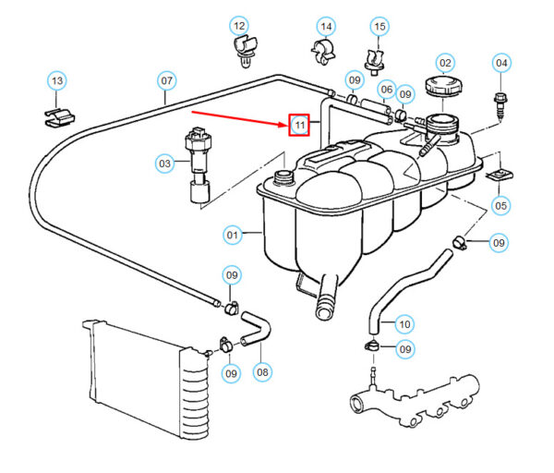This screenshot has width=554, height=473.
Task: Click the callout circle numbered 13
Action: click(x=57, y=81)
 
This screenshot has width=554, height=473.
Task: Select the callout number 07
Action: click(x=166, y=81)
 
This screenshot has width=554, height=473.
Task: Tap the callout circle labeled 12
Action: click(x=239, y=25)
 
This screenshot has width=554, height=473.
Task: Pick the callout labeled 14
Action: click(x=326, y=25)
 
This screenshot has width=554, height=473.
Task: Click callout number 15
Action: click(x=379, y=25)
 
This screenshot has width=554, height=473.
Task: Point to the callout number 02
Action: click(x=444, y=63)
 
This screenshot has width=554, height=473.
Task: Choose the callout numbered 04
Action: click(x=501, y=64)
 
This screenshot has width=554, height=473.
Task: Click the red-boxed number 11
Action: click(x=299, y=125)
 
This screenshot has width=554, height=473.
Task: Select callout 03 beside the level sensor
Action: click(x=164, y=164)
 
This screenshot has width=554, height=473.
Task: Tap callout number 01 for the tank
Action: click(x=233, y=236)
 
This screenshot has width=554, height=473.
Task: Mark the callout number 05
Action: click(x=501, y=205)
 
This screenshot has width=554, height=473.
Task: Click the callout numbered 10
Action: click(x=403, y=324)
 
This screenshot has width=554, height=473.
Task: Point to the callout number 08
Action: click(x=262, y=372)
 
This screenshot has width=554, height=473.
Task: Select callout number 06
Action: click(x=386, y=88)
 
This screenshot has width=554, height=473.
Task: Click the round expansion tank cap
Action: click(x=444, y=89)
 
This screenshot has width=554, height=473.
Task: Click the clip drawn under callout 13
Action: click(x=58, y=116)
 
